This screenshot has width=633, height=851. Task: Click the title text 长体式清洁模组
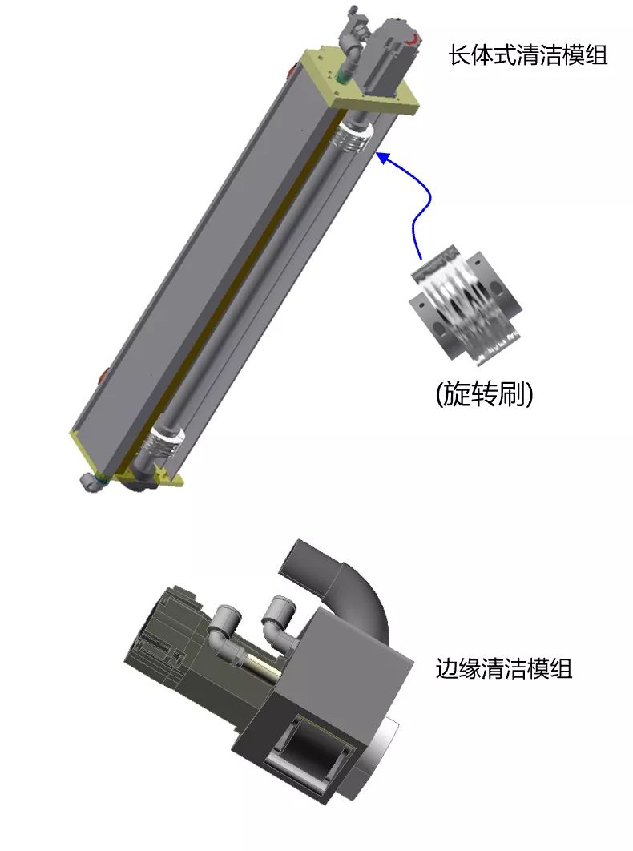[x=528, y=55]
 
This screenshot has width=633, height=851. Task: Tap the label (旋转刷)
[x=484, y=393]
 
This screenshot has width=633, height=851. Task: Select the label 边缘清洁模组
[x=504, y=668]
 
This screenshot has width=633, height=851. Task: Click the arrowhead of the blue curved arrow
[x=383, y=158]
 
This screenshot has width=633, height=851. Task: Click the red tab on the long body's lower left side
[x=103, y=375]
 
